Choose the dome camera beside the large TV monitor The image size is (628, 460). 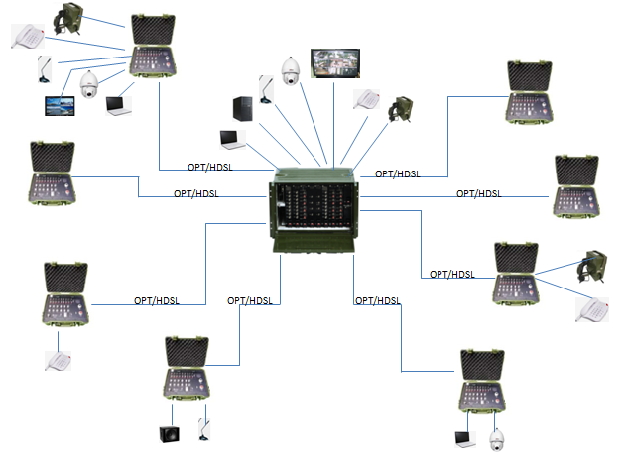(291, 71)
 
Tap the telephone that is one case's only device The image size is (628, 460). (59, 360)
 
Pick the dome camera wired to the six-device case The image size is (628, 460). (90, 85)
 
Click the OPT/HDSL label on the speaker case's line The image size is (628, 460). (249, 300)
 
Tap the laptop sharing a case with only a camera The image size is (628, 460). (464, 438)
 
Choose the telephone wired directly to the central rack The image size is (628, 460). (366, 100)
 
